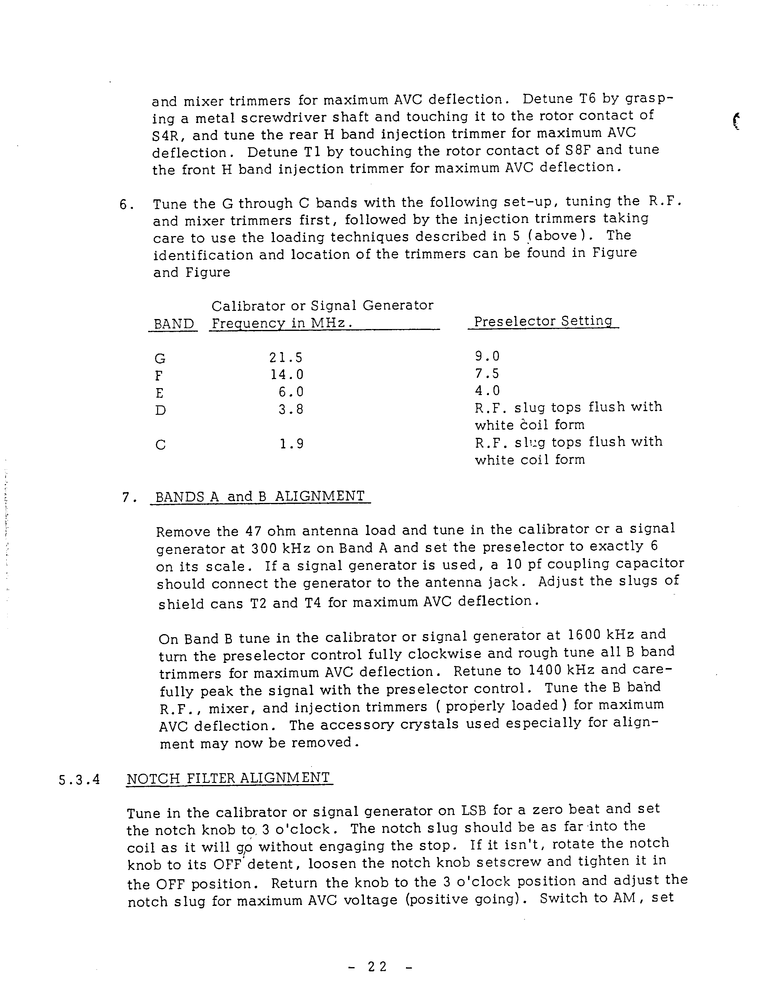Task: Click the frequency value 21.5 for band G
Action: point(286,357)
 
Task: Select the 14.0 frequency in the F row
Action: point(287,375)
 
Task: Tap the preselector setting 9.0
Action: point(487,356)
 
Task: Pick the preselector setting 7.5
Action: point(487,373)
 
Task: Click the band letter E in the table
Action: point(159,393)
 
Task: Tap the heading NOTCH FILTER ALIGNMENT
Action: point(228,778)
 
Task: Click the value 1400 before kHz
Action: point(545,670)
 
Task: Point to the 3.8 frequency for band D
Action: point(291,409)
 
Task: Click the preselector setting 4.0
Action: point(487,391)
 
